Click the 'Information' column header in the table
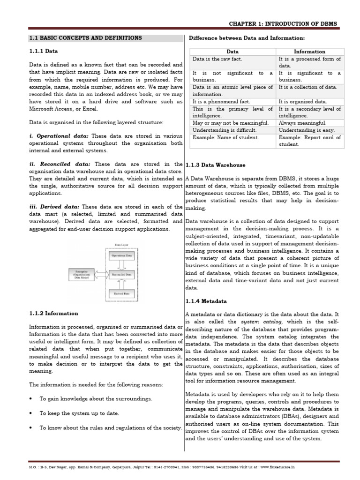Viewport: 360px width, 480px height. tap(309, 52)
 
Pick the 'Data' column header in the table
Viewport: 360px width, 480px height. tap(232, 52)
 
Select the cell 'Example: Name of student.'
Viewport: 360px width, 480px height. tap(225, 137)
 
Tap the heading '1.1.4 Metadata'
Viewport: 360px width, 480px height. tap(206, 301)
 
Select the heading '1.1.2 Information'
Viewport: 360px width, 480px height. tap(53, 313)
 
